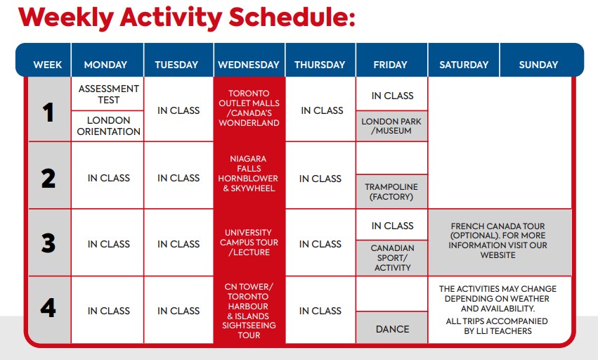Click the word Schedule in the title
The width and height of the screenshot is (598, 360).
[x=292, y=17]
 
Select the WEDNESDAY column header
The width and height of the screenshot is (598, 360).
[x=249, y=60]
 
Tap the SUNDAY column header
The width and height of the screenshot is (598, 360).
[x=538, y=60]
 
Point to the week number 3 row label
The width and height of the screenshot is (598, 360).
[x=48, y=243]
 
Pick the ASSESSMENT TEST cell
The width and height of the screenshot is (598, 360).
[x=108, y=94]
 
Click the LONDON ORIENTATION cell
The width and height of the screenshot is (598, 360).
[x=108, y=126]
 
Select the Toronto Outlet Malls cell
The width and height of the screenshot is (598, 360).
[x=249, y=108]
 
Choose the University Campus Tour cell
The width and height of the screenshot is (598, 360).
[x=249, y=243]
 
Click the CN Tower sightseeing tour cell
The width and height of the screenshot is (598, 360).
[x=249, y=310]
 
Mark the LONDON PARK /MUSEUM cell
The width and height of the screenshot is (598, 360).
[x=391, y=126]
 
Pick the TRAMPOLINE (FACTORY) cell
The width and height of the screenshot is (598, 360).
[x=391, y=192]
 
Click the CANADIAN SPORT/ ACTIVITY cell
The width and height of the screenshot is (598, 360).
[x=391, y=257]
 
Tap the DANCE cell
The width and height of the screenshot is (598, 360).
[x=391, y=328]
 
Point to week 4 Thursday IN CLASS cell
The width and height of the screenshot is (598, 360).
[x=320, y=310]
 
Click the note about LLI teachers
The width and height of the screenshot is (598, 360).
[x=498, y=326]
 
